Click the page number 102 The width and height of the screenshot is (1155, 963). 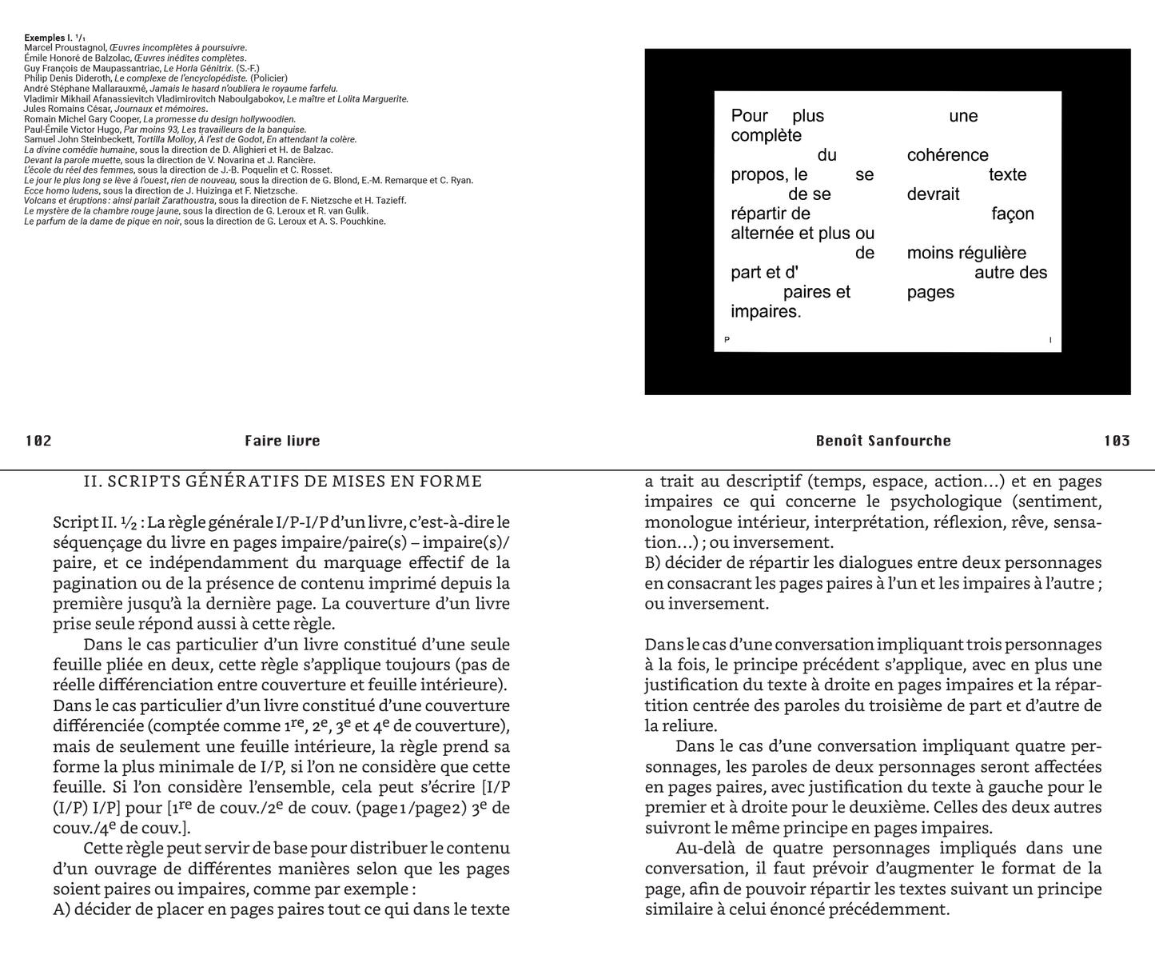point(38,441)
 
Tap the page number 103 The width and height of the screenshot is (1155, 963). point(1117,441)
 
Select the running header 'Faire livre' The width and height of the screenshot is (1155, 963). point(282,441)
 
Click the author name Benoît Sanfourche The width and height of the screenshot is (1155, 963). point(883,441)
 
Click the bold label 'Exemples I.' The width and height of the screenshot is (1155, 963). point(49,38)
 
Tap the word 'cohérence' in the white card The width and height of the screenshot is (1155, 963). point(947,155)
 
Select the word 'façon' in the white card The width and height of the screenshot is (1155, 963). point(1013,214)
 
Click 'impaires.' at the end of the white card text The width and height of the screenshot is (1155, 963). point(766,312)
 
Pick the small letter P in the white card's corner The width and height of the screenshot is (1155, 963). point(727,341)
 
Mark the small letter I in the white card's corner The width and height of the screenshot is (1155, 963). point(1050,341)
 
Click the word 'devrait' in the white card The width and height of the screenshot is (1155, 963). point(933,194)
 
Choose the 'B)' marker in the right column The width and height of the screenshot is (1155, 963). point(654,563)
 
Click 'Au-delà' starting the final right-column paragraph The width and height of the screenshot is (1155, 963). point(703,849)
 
